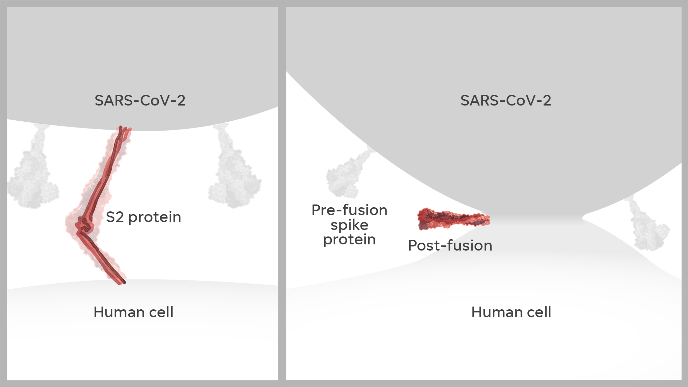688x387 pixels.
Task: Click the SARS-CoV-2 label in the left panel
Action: (x=140, y=101)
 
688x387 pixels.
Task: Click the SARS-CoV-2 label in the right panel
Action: (x=506, y=101)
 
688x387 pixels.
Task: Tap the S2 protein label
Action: (x=143, y=217)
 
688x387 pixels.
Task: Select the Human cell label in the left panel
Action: (x=133, y=312)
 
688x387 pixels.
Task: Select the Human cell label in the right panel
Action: (x=511, y=312)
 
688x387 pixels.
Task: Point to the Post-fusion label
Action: (x=450, y=246)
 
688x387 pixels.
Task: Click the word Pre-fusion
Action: (x=349, y=210)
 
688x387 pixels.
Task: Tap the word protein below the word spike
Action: (x=349, y=240)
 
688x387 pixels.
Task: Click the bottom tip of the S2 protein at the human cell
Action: (x=121, y=282)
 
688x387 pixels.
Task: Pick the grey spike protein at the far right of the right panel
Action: (x=649, y=229)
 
